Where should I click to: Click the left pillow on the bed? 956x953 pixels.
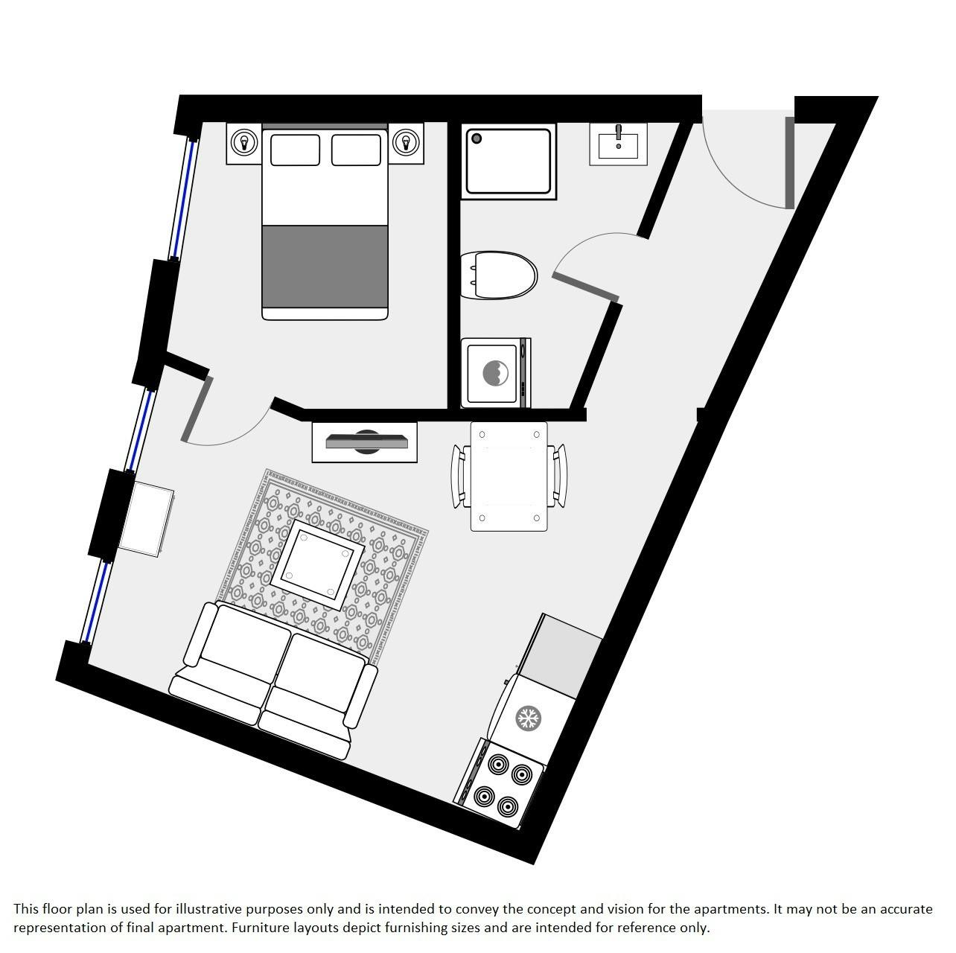tap(295, 150)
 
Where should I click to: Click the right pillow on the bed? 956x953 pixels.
tap(356, 150)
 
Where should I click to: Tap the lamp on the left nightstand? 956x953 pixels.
tap(243, 143)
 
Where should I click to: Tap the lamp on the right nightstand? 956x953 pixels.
tap(407, 143)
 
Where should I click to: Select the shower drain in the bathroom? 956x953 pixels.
tap(477, 138)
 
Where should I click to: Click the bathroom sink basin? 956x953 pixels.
tap(618, 146)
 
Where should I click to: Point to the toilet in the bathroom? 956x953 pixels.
tap(499, 275)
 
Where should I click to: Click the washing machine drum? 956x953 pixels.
tap(495, 373)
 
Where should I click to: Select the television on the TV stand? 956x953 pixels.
tap(366, 442)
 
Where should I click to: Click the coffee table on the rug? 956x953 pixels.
tap(318, 565)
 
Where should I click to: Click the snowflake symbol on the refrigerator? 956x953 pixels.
tap(529, 718)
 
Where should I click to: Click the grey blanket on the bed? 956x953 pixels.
tap(325, 267)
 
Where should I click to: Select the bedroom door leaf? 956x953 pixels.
tap(197, 409)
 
